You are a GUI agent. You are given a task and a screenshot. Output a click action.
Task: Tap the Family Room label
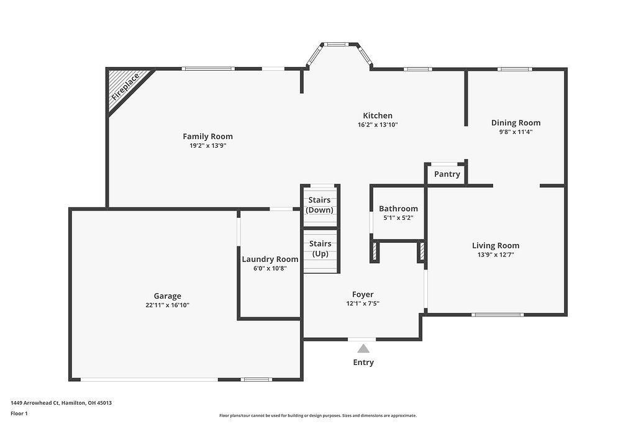point(207,137)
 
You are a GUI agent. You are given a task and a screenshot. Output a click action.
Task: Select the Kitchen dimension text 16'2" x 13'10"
point(378,125)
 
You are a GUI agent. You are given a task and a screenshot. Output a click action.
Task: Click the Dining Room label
point(516,123)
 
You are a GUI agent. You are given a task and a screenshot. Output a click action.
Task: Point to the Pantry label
point(447,174)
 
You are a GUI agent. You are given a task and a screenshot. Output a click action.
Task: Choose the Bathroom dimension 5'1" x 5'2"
point(398,218)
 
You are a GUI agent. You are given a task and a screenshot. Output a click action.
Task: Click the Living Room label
point(496,246)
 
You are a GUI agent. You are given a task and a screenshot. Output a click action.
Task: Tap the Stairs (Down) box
point(320,205)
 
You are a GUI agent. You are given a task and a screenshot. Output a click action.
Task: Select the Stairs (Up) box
point(320,249)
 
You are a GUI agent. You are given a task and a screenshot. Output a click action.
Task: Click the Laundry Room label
point(270,259)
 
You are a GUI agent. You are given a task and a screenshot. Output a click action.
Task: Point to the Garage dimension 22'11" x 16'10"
point(168,305)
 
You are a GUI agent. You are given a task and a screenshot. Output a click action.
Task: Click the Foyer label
point(363,295)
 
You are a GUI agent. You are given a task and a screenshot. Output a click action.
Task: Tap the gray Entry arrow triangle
point(363,349)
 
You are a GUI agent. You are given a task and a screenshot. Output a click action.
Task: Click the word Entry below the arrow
point(363,363)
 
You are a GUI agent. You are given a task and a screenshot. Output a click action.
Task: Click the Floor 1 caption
point(19,413)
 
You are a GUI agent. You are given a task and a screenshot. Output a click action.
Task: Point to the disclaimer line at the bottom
point(318,416)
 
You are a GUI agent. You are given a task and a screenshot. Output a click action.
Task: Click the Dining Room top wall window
point(515,69)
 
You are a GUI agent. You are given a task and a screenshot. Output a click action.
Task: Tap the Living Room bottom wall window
point(497,315)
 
